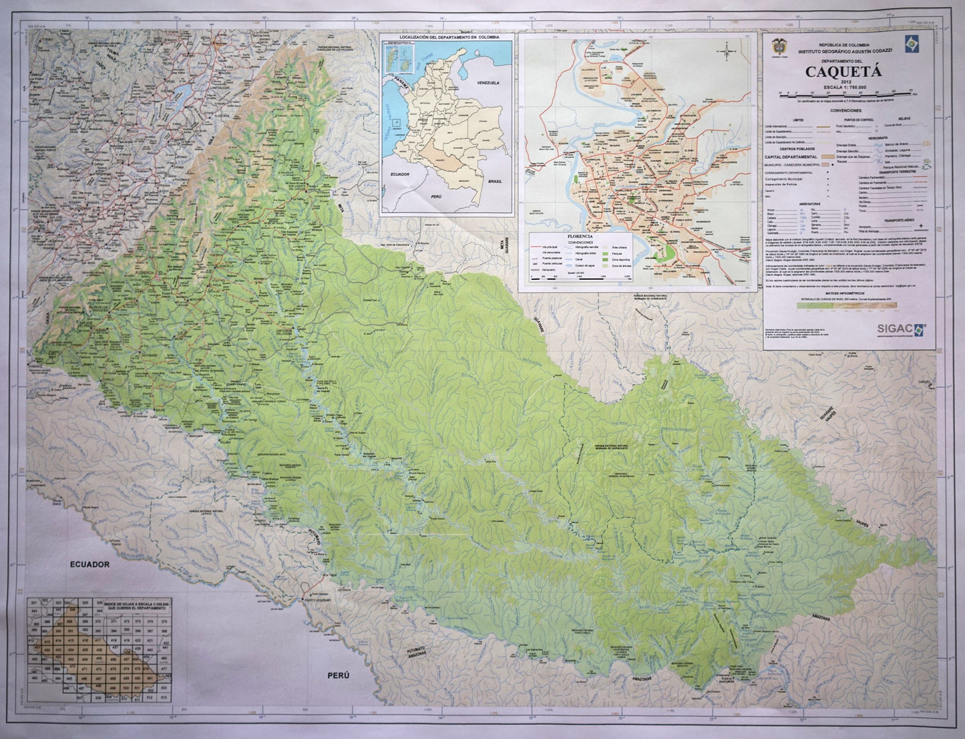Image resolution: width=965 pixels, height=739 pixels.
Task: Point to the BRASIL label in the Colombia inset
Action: (x=495, y=181)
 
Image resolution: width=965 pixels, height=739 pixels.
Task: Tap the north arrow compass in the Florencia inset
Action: (x=727, y=51)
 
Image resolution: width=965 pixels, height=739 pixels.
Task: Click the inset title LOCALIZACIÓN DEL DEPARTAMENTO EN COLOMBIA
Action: (x=447, y=36)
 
